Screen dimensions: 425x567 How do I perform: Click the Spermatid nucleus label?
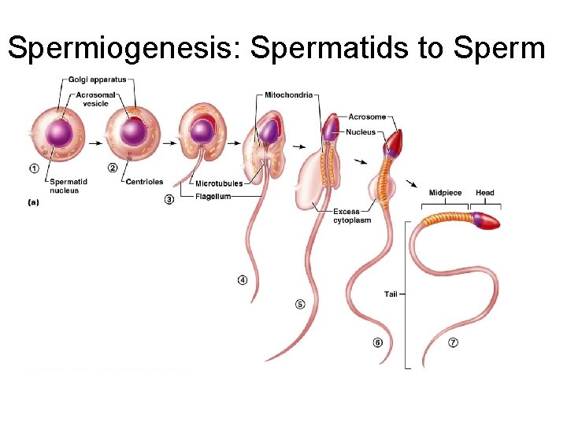tap(65, 186)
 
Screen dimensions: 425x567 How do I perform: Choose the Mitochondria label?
tap(289, 95)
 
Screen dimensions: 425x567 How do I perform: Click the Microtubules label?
tap(219, 183)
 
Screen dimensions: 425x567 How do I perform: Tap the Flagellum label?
tap(213, 197)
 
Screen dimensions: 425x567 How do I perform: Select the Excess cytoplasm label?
tap(346, 216)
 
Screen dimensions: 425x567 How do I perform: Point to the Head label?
tap(485, 193)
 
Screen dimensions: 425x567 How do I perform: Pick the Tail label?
tap(391, 294)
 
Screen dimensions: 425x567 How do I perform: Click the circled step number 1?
tap(33, 168)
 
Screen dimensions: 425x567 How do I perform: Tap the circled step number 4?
tap(243, 278)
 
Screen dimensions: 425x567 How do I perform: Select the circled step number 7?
tap(453, 342)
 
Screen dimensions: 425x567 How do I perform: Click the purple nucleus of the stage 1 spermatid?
tap(57, 132)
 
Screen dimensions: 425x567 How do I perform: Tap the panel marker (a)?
tap(34, 202)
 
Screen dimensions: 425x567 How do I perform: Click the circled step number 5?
tap(300, 304)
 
